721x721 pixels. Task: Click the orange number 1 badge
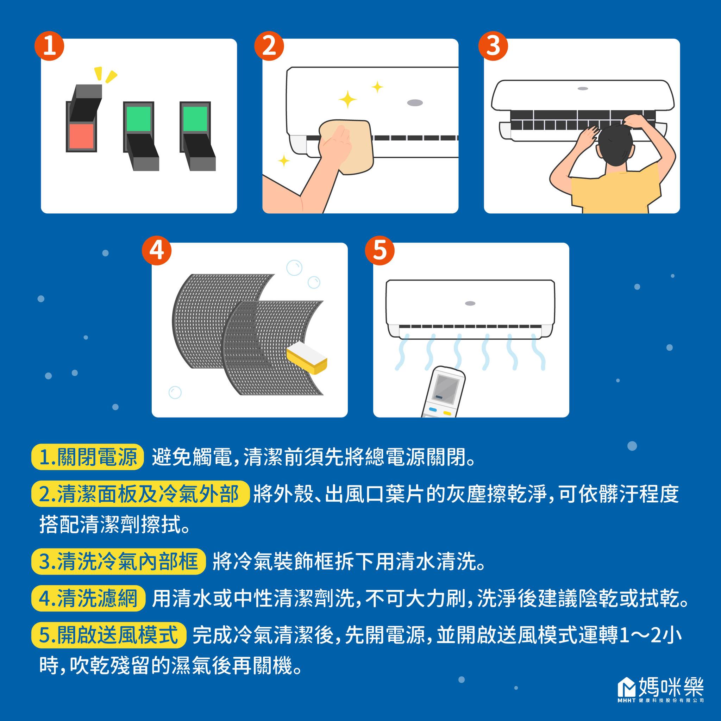tap(49, 47)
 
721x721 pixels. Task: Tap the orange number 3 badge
tap(493, 46)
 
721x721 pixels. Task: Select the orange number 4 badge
tap(156, 250)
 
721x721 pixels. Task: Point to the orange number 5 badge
tap(379, 250)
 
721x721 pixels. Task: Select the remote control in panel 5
tap(444, 391)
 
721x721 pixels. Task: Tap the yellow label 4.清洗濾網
tap(88, 598)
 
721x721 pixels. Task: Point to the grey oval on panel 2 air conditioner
tap(415, 102)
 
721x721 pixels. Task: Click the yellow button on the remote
tap(447, 413)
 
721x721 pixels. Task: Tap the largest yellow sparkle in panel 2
tap(347, 99)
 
